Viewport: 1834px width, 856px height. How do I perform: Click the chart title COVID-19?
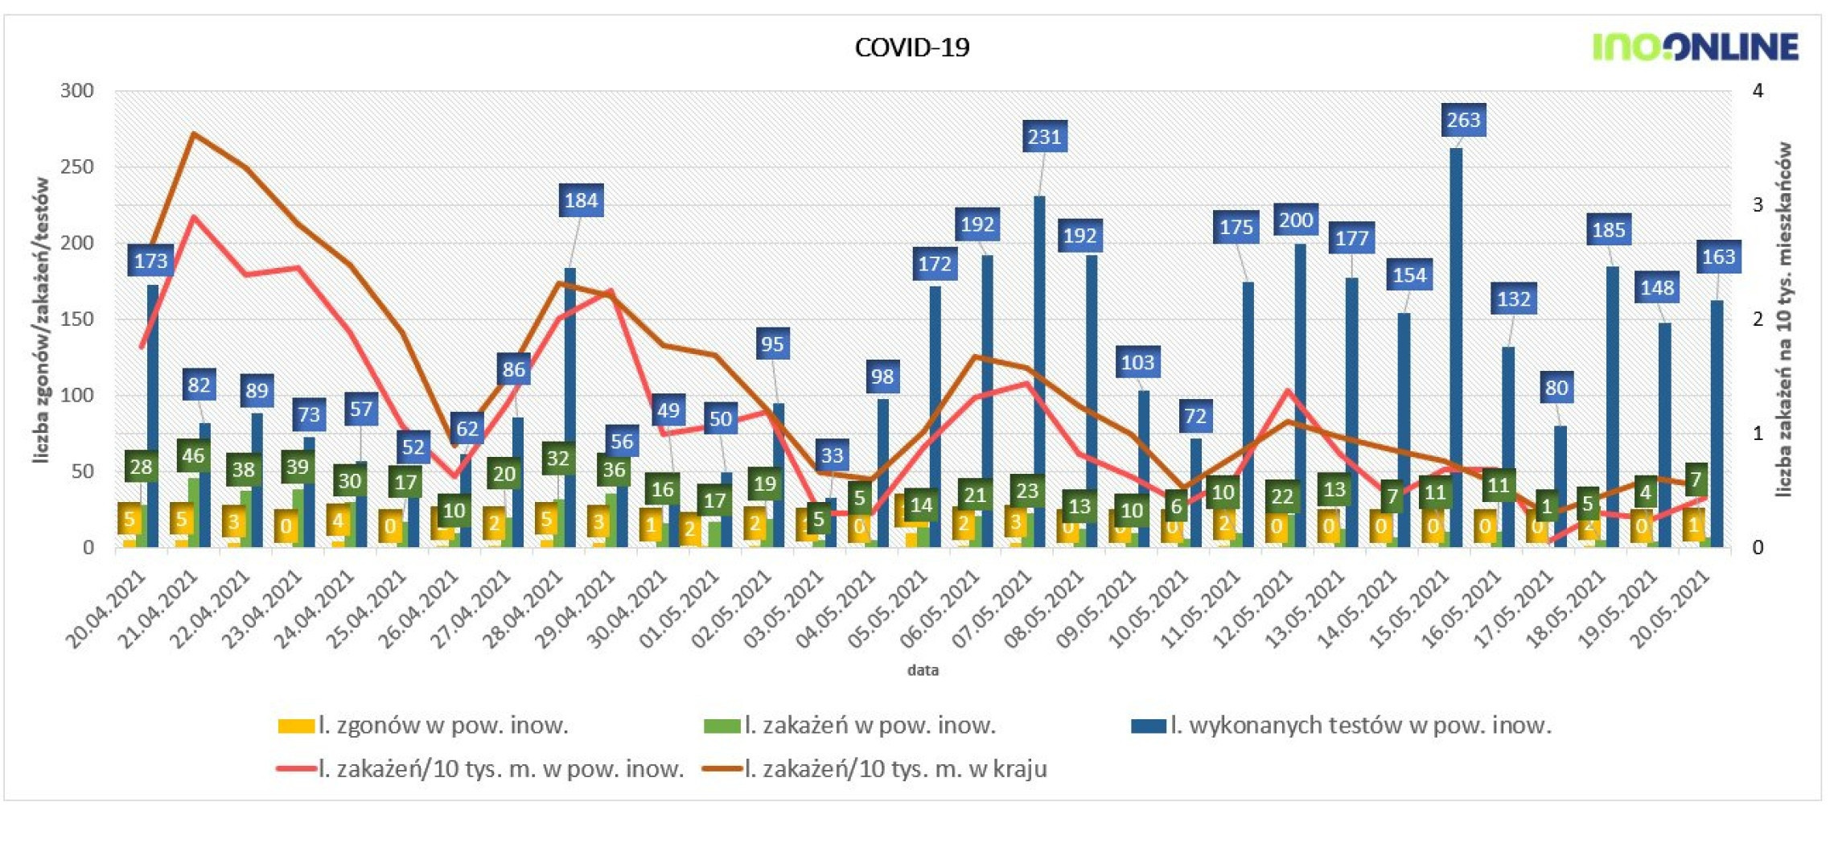(x=911, y=47)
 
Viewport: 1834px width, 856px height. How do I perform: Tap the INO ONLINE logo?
(x=1695, y=47)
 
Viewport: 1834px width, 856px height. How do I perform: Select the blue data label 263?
(x=1462, y=120)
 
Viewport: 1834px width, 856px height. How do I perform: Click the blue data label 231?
(x=1044, y=137)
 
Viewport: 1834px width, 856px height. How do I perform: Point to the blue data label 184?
(x=581, y=200)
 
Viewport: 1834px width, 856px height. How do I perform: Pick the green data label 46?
(x=193, y=456)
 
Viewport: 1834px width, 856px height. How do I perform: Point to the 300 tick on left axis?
(x=77, y=91)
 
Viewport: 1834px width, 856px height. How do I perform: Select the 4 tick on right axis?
(x=1758, y=91)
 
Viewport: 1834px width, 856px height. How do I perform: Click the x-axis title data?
(x=923, y=670)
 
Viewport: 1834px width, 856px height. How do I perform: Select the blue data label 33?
(x=831, y=456)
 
